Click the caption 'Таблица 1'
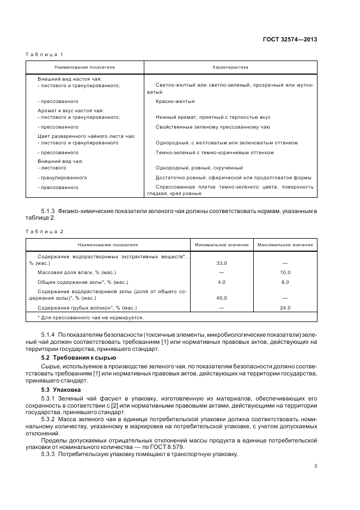pyautogui.click(x=45, y=54)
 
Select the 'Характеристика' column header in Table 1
pyautogui.click(x=230, y=68)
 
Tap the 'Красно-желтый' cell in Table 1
pyautogui.click(x=175, y=101)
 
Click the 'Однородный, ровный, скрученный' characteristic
pyautogui.click(x=199, y=168)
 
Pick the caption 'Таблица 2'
pyautogui.click(x=45, y=232)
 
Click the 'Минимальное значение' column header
pyautogui.click(x=222, y=245)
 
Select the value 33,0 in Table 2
pyautogui.click(x=222, y=263)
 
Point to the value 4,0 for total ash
pyautogui.click(x=222, y=282)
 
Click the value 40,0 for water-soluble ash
pyautogui.click(x=222, y=298)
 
